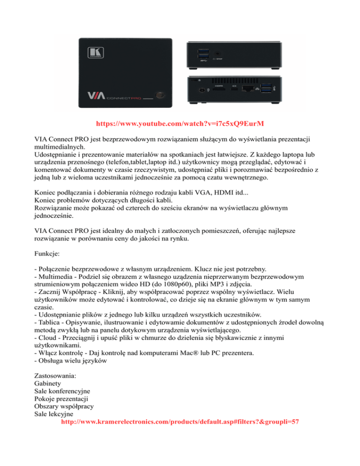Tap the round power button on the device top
(x=161, y=95)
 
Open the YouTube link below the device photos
(x=180, y=125)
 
